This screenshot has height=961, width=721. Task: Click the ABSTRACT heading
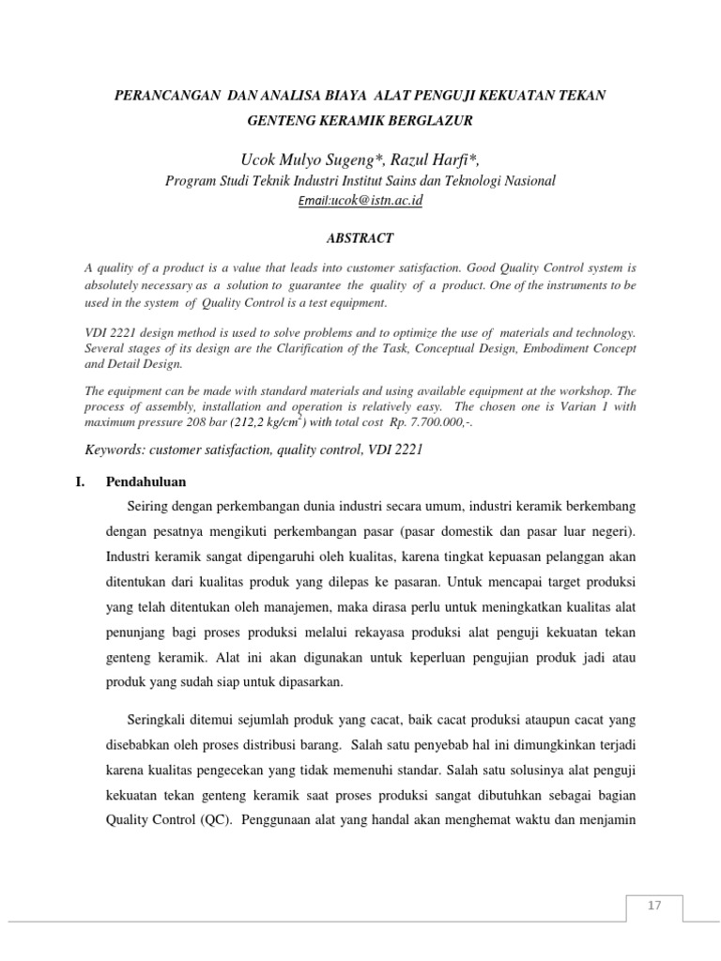(360, 238)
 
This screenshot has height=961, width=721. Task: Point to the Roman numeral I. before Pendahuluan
(91, 481)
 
